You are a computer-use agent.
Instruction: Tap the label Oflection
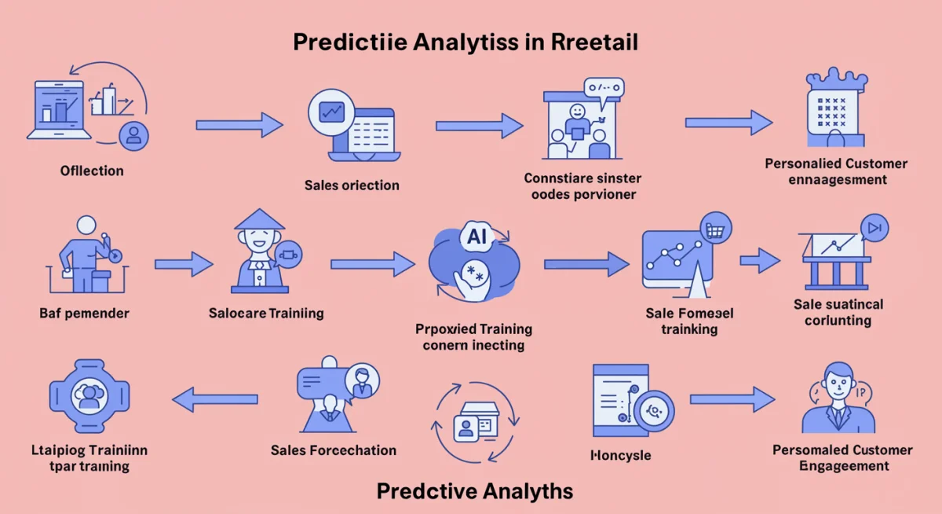tap(92, 171)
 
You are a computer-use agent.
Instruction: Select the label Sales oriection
tap(352, 185)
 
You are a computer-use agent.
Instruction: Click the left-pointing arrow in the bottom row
tap(214, 399)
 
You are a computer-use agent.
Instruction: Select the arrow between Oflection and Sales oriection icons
tap(239, 124)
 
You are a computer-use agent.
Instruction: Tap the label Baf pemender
tap(84, 313)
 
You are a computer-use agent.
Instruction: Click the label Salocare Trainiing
tap(266, 313)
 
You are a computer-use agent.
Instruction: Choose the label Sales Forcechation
tap(334, 450)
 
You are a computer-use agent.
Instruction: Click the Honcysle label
tap(620, 455)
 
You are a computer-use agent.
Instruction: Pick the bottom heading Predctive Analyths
tap(475, 492)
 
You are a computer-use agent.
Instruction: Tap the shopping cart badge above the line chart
tap(715, 229)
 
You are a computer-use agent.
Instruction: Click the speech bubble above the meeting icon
tap(603, 89)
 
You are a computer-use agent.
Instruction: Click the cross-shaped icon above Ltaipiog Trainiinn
tap(88, 397)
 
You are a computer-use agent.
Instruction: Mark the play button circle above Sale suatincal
tap(874, 228)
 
